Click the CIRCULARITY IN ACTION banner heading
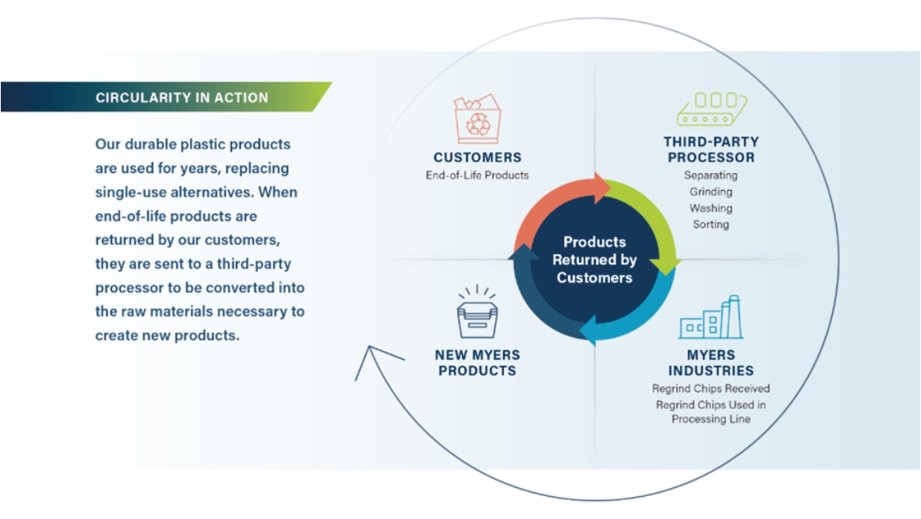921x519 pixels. click(181, 98)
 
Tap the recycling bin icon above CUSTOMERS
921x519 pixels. click(477, 120)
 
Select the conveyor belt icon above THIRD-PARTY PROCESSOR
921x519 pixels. click(711, 109)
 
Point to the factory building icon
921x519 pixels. click(711, 318)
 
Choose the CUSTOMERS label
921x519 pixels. click(477, 157)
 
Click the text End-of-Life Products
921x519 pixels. click(477, 175)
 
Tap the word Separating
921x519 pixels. click(710, 175)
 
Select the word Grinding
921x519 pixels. click(710, 192)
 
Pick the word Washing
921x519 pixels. click(710, 208)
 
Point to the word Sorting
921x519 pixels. click(710, 224)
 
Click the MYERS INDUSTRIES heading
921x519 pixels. click(710, 363)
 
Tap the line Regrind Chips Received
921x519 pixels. click(710, 388)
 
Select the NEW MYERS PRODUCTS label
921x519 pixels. click(478, 363)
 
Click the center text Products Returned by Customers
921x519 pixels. click(594, 259)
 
